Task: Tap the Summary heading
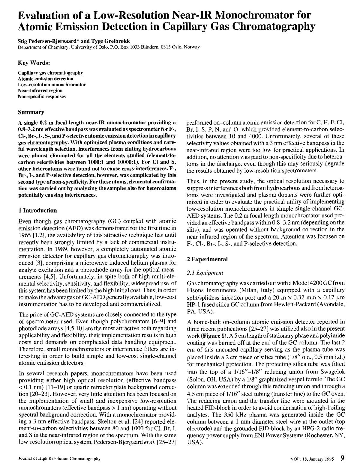click(31, 112)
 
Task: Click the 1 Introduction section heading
click(37, 210)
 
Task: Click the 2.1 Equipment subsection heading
click(205, 273)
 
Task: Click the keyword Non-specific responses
click(41, 96)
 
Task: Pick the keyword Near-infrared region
click(40, 91)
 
